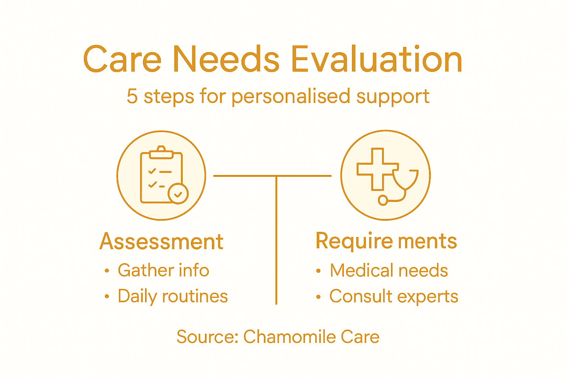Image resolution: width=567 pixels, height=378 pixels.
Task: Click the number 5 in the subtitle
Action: click(x=132, y=97)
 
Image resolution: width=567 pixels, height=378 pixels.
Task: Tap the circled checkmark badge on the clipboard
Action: click(x=178, y=193)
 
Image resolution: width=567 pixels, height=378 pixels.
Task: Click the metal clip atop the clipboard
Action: click(x=161, y=152)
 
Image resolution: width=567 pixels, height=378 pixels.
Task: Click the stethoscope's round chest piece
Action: click(x=383, y=200)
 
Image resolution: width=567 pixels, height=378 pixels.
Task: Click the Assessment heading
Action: click(x=161, y=242)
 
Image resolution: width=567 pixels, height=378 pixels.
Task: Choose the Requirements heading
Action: click(x=386, y=241)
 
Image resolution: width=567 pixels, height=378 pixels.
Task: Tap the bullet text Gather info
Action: click(x=163, y=271)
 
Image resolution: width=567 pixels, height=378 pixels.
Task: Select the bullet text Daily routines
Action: click(x=173, y=296)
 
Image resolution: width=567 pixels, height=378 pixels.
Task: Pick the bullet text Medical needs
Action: click(x=389, y=271)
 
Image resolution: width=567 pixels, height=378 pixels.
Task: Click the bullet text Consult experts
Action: click(x=394, y=296)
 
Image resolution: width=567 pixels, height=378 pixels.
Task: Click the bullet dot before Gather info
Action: click(x=107, y=271)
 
